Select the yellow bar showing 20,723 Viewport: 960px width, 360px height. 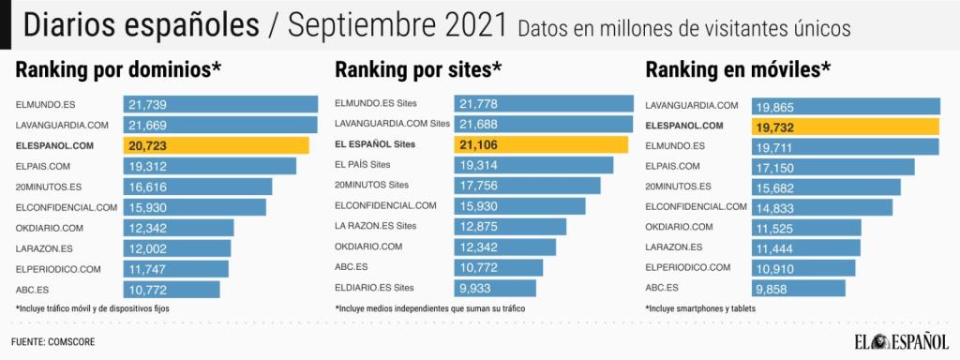pos(216,144)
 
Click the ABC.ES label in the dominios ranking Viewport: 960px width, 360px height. pos(31,289)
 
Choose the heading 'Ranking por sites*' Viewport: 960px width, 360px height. pos(418,69)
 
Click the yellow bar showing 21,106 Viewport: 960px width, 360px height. pos(541,144)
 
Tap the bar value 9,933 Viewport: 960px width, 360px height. pos(479,289)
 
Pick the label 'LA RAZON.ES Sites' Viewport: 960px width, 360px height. pos(375,227)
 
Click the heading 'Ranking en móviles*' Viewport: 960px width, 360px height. pos(738,69)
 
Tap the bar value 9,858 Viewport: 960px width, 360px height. pos(776,289)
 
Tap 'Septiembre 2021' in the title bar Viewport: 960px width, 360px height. pos(397,25)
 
